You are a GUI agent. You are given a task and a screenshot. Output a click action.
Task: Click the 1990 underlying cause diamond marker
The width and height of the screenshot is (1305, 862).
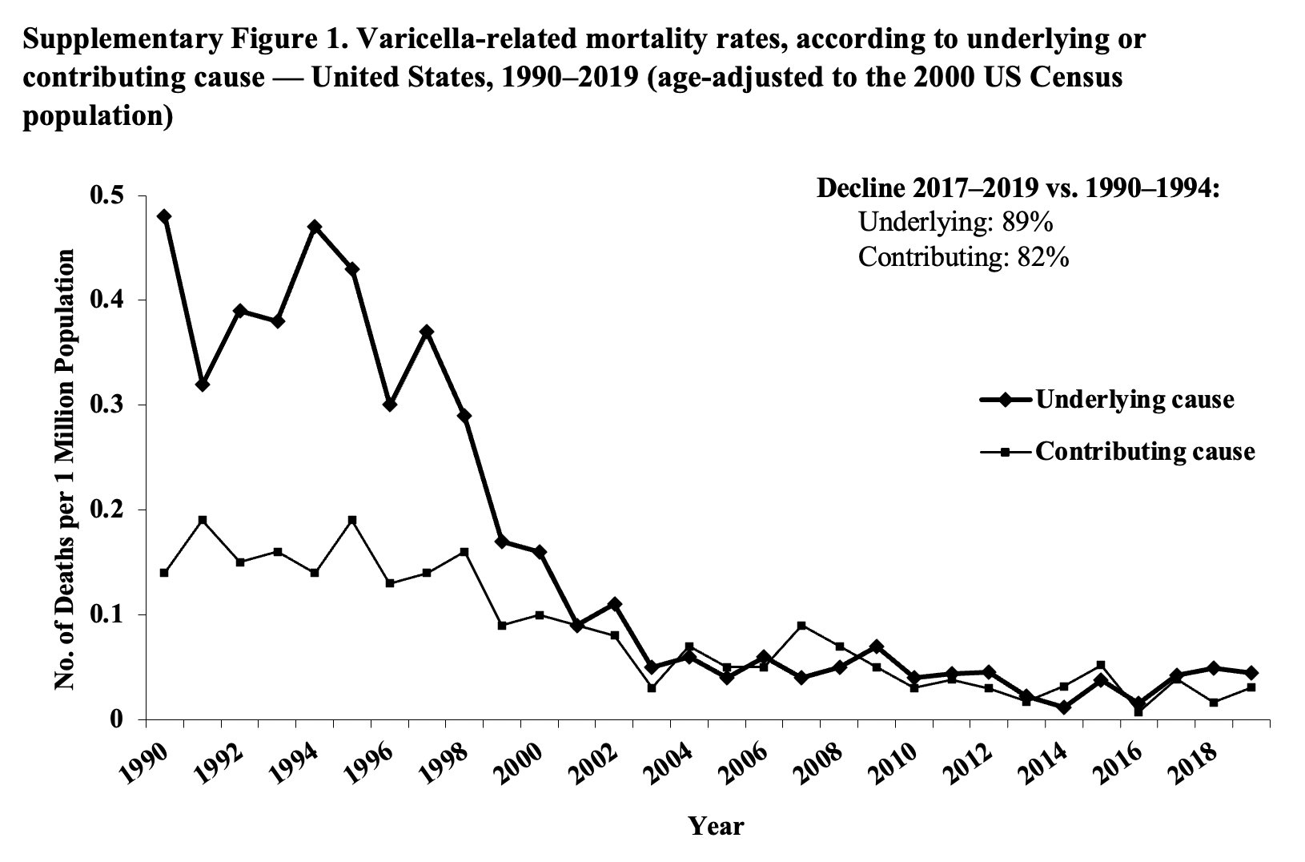click(165, 216)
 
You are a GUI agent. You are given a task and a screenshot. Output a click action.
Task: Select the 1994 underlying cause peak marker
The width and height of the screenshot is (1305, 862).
click(315, 227)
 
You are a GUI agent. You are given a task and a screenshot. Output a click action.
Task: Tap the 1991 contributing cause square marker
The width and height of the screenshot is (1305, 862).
click(203, 520)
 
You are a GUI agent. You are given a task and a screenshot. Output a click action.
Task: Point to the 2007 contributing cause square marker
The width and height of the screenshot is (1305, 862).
click(801, 625)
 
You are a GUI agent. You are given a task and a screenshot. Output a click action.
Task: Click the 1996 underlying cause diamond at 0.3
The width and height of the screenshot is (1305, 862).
click(390, 405)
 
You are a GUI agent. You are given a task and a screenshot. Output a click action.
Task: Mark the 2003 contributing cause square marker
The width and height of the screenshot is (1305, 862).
click(652, 687)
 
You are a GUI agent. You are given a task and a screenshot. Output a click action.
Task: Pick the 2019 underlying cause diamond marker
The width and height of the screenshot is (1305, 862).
click(1251, 672)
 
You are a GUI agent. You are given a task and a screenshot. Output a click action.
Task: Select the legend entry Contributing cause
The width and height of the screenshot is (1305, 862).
click(1144, 451)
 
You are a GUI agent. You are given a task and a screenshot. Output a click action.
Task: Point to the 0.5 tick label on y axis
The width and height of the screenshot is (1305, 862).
click(110, 195)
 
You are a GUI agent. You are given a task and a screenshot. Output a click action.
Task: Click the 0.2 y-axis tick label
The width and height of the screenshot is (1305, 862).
click(110, 510)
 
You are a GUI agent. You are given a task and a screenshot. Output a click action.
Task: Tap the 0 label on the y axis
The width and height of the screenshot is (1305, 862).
click(117, 719)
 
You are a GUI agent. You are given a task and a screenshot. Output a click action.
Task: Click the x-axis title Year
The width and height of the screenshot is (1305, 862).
click(717, 826)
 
